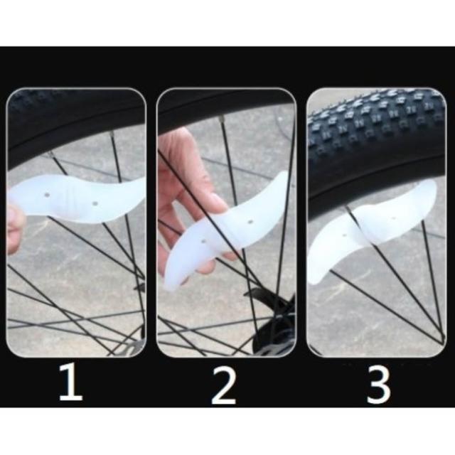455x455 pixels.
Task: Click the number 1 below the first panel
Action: click(71, 382)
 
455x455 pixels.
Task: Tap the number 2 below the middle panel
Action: click(223, 385)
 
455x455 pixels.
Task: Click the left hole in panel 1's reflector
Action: click(48, 195)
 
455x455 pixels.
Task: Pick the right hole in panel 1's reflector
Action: click(94, 203)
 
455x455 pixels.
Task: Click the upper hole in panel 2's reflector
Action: click(251, 223)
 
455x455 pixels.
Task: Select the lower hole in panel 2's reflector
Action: click(203, 241)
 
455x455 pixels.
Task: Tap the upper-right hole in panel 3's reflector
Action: click(394, 218)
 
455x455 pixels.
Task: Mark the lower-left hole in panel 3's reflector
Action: click(344, 235)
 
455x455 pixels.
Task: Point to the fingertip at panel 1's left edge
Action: click(15, 229)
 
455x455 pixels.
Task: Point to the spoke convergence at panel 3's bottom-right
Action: click(443, 338)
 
